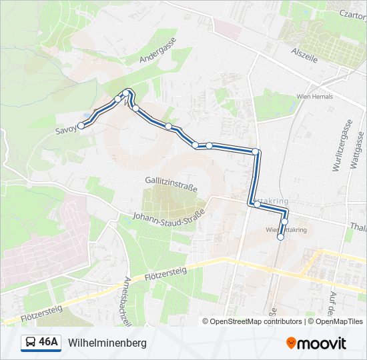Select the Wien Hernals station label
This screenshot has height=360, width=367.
point(314,97)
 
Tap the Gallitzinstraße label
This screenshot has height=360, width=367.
point(171,180)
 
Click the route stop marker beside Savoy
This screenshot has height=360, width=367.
point(81,125)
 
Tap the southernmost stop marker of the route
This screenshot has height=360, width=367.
point(280,237)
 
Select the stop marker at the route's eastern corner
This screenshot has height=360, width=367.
point(255,151)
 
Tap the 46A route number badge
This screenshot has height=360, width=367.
point(49,343)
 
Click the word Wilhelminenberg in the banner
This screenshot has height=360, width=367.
point(107,343)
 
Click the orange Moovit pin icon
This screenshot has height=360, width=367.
point(292,343)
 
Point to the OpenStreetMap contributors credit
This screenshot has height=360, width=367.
point(252,321)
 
